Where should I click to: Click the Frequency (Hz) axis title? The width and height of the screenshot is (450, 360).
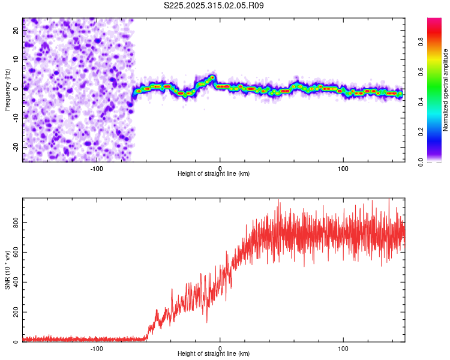coord(7,90)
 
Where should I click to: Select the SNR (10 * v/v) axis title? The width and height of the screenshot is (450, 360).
coord(7,270)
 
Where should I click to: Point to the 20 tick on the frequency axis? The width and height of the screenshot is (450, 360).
coord(16,32)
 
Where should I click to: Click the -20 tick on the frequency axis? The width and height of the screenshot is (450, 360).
coord(16,147)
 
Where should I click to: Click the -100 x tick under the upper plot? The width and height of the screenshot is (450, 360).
coord(97,168)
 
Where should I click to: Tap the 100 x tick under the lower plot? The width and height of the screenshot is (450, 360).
coord(343,348)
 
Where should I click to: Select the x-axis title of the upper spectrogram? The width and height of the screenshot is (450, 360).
coord(214,174)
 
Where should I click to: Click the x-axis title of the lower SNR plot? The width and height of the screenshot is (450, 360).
coord(214,354)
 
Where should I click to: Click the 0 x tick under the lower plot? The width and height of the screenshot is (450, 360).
coord(220,348)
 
